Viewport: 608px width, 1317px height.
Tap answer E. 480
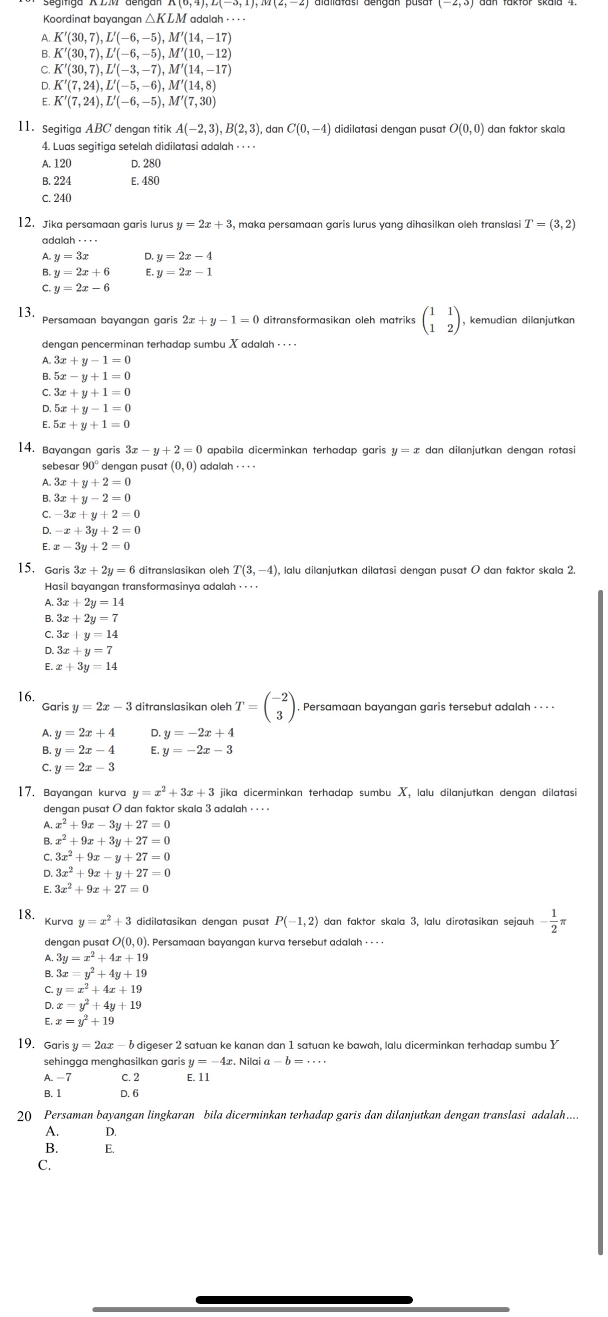tap(145, 181)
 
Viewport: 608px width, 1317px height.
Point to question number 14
tap(26, 449)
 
